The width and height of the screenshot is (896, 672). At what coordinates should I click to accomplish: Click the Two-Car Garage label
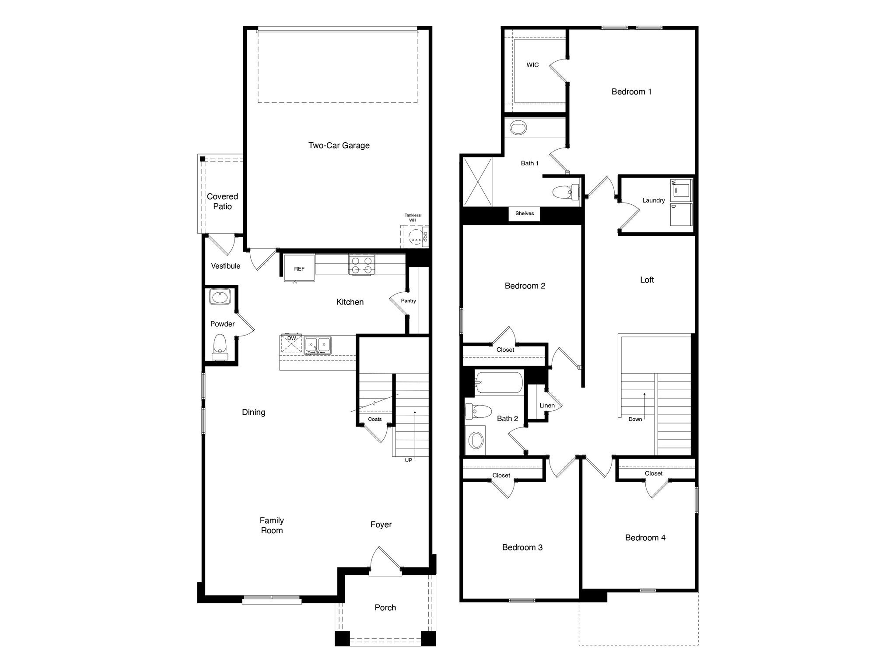pos(339,146)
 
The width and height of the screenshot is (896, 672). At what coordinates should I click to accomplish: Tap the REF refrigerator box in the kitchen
pos(299,269)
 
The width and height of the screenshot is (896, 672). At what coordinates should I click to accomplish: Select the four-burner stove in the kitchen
pos(362,265)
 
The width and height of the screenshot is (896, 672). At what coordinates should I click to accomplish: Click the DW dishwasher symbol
pos(291,343)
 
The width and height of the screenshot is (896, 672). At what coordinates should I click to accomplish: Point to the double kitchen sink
pos(318,344)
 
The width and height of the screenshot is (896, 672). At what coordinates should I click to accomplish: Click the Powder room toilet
pos(219,346)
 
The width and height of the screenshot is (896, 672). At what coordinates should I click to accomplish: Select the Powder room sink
pos(219,298)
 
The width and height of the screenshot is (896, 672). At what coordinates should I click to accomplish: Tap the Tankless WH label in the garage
pos(412,217)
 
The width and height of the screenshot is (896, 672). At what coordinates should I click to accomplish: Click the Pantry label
pos(408,301)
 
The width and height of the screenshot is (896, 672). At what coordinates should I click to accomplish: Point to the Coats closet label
pos(374,419)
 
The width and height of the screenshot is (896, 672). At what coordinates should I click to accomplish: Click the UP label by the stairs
pos(408,460)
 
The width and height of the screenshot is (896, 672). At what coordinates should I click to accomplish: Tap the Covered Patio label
pos(222,201)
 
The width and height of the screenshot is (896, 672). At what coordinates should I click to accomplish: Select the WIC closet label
pos(532,65)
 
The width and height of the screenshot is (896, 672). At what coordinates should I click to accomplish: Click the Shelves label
pos(524,213)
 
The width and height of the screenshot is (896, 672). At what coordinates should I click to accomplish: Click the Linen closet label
pos(547,406)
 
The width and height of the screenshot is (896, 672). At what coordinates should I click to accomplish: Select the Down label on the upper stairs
pos(635,419)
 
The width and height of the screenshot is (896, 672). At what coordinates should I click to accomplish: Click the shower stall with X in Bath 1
pos(478,182)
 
